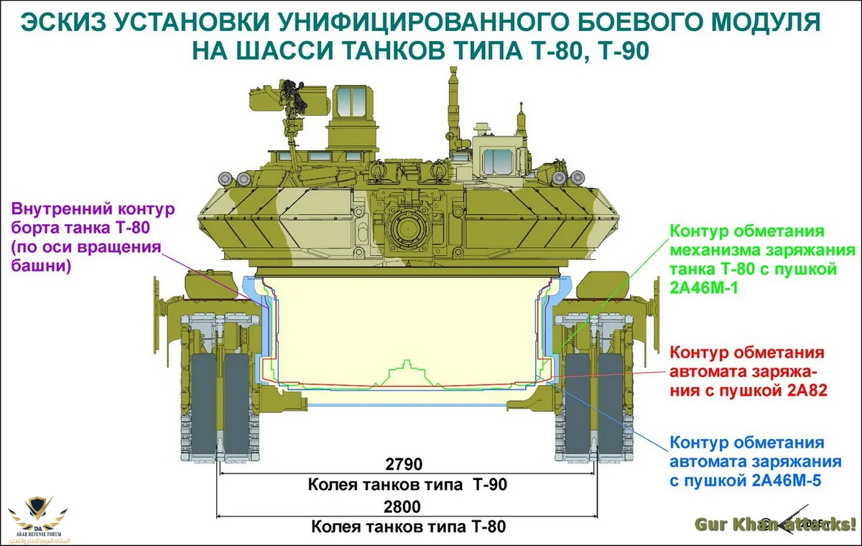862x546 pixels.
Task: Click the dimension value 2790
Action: coord(407,463)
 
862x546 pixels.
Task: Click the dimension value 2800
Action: coord(407,506)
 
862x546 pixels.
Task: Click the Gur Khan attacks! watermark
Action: coord(776,523)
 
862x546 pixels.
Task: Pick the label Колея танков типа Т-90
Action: coord(407,484)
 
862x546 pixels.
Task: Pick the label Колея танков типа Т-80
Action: coord(407,527)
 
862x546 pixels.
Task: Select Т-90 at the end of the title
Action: coord(617,52)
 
